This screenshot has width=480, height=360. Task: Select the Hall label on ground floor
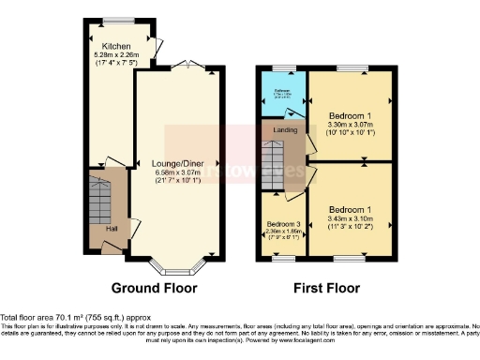point(111,229)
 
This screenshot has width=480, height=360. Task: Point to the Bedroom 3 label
point(284,225)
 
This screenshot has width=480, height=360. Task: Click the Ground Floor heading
point(153,287)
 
